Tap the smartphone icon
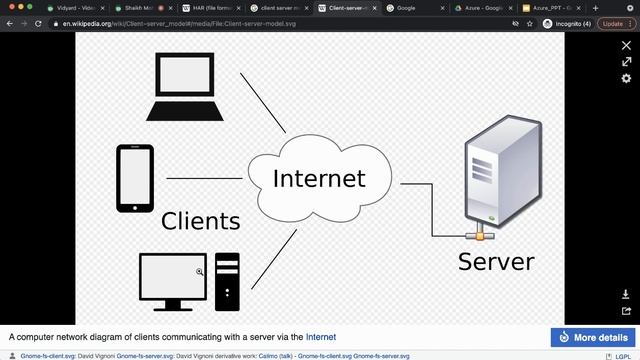[x=134, y=179]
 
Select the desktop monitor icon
[x=173, y=282]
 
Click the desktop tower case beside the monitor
[x=227, y=279]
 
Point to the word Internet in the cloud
[x=319, y=179]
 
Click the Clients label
[x=201, y=221]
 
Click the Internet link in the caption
[x=321, y=337]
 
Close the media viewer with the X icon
[x=627, y=45]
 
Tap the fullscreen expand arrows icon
[x=627, y=62]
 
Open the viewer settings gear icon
[x=627, y=78]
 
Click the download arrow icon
[x=627, y=295]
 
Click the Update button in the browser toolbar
[x=612, y=23]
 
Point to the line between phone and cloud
[x=204, y=179]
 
